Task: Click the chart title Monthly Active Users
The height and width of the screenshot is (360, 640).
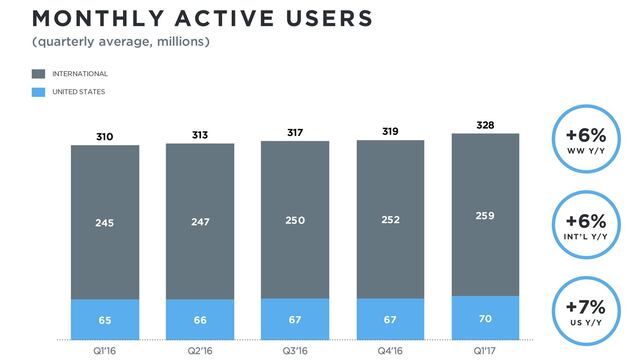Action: coord(189,18)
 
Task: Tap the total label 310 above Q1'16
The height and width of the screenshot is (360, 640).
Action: coord(105,135)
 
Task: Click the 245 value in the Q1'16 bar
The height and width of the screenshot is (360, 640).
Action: coord(105,224)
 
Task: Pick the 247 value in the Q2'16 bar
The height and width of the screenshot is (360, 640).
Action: coord(200,223)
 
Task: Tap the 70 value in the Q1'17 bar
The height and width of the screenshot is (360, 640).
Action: coord(486,317)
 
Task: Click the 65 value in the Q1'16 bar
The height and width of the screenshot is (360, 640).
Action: coord(105,319)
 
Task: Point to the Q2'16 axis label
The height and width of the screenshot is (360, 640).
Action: coord(200,349)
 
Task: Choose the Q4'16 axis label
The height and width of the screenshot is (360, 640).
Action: coord(391,349)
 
